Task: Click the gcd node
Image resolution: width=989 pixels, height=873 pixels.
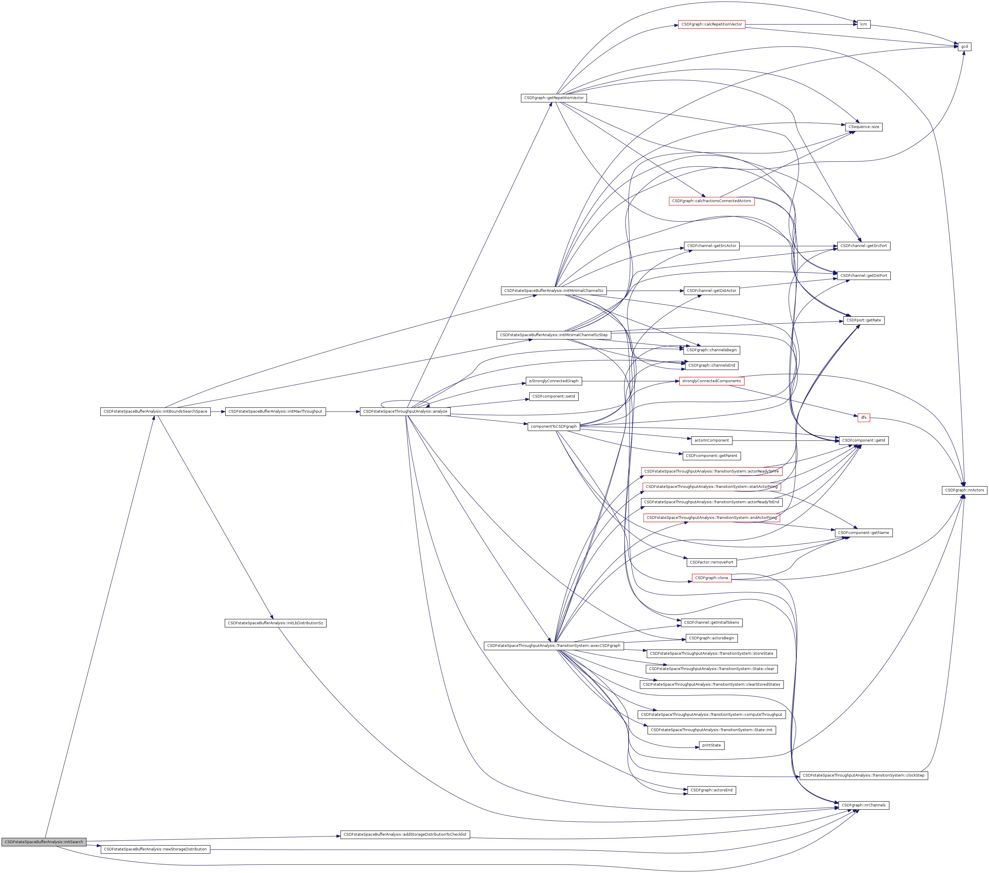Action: click(x=964, y=46)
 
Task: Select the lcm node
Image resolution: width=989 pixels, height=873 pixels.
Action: click(x=864, y=24)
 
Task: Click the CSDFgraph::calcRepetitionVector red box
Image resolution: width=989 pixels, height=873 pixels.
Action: click(x=711, y=24)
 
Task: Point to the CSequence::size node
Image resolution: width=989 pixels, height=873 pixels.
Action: click(x=864, y=127)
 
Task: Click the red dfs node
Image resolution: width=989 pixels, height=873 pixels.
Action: click(x=864, y=417)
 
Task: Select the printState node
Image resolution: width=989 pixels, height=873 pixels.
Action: click(x=711, y=745)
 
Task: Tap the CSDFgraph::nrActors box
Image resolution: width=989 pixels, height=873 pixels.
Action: click(x=965, y=490)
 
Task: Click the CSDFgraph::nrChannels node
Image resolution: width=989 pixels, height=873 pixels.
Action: click(x=864, y=805)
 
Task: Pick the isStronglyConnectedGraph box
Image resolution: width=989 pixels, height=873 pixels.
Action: click(x=554, y=381)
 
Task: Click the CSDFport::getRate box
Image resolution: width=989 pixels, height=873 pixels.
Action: click(x=864, y=320)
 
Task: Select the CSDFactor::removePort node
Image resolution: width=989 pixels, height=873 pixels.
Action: click(x=711, y=562)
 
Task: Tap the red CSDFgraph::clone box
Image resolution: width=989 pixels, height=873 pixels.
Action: click(x=711, y=578)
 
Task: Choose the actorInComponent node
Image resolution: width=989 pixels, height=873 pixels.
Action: click(x=711, y=440)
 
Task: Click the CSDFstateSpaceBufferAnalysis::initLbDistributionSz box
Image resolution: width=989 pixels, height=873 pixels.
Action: click(x=275, y=623)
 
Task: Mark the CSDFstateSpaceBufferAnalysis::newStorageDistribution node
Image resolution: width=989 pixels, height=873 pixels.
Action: click(x=155, y=849)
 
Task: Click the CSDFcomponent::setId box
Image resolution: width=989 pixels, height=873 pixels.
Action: click(x=554, y=396)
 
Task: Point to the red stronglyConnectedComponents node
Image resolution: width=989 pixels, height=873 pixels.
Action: click(x=711, y=381)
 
